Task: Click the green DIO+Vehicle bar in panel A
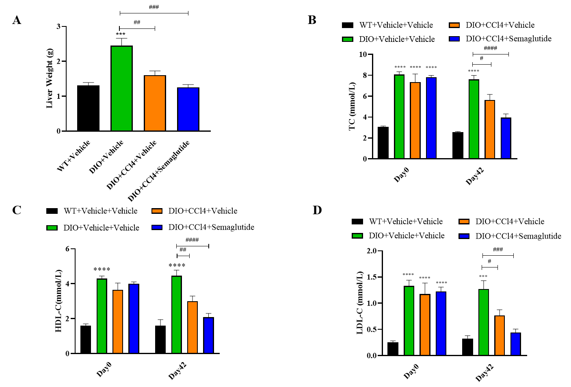tap(121, 89)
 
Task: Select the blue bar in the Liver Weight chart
tap(188, 109)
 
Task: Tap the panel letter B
tap(312, 20)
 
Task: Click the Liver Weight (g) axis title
tap(50, 78)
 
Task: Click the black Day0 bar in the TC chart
tap(383, 143)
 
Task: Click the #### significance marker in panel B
tap(490, 48)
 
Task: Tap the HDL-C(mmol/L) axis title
tap(59, 300)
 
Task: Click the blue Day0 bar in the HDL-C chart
tap(134, 319)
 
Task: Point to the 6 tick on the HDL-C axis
tap(67, 249)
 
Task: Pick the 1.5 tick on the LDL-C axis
tap(371, 277)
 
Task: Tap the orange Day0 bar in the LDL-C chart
tap(425, 325)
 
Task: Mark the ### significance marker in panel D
tap(497, 250)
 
